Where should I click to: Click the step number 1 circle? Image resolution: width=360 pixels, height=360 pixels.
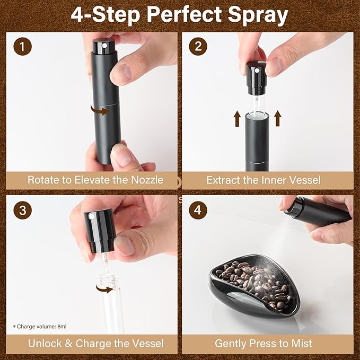pos(22,46)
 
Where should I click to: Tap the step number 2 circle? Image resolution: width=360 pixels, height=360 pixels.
pos(198,46)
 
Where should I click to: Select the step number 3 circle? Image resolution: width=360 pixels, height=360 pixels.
pos(22,210)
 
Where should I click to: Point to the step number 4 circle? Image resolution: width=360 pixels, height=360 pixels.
pos(198,210)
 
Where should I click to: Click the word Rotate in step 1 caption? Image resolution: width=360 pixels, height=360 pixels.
pos(45,180)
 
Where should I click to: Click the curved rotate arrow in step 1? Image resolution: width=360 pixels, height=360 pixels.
pos(98,110)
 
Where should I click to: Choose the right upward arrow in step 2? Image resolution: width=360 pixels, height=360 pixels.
pos(276,118)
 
